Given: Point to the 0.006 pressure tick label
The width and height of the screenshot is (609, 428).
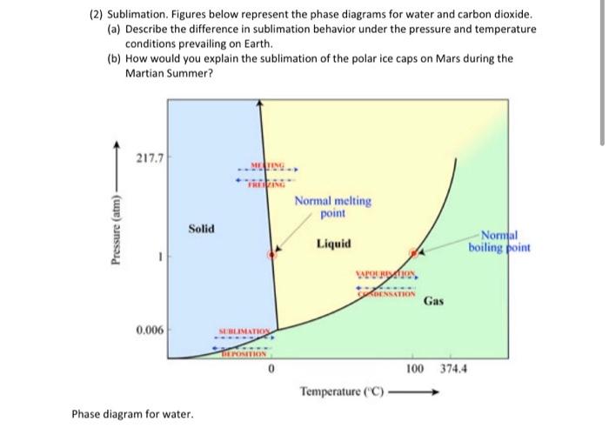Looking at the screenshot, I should click(146, 331).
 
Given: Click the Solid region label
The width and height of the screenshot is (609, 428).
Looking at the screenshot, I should click(201, 228).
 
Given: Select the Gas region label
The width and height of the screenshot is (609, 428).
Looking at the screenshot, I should click(434, 302).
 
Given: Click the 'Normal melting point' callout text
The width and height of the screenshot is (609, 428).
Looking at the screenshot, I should click(332, 207).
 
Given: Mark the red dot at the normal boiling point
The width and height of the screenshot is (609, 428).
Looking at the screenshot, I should click(417, 251).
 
